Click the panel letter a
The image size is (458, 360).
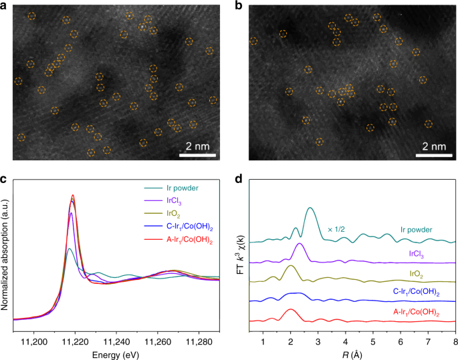click(x=5, y=6)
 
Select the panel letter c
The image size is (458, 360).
click(x=5, y=178)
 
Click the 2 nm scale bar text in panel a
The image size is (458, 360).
click(x=199, y=146)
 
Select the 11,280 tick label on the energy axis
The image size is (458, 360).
click(x=200, y=341)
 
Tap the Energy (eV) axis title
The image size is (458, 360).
click(x=116, y=353)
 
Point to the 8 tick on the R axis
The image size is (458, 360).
click(x=455, y=341)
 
